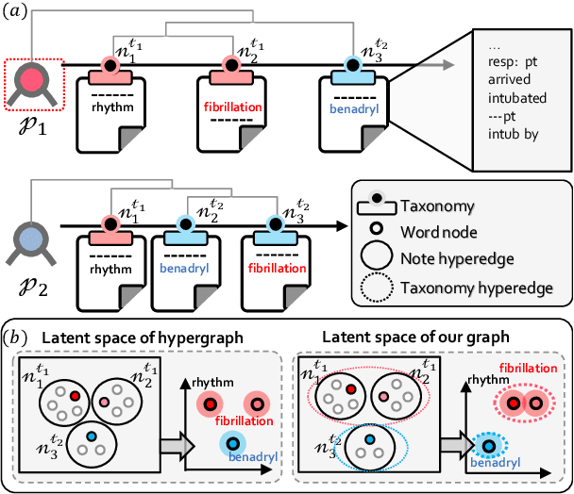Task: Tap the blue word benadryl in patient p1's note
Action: [352, 110]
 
